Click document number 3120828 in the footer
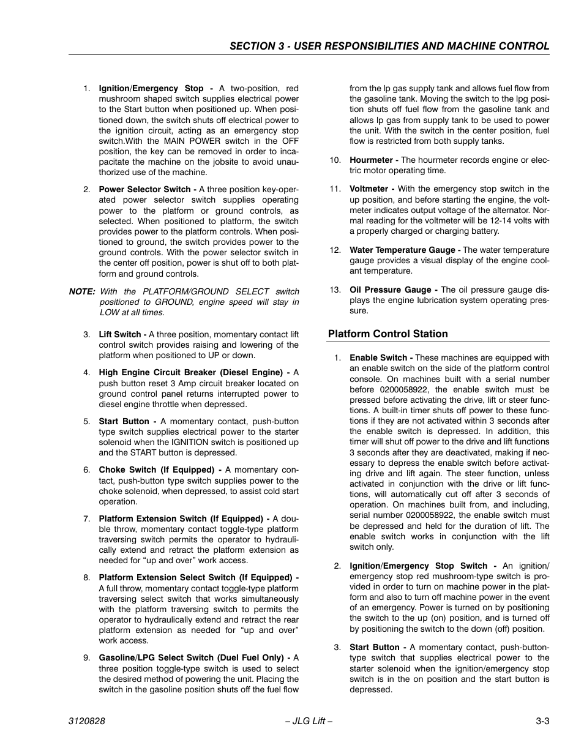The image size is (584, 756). point(86,721)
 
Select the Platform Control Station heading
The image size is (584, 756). point(387,334)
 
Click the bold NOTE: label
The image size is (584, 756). point(81,291)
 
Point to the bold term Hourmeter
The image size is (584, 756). point(371,160)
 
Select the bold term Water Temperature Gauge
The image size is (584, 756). point(402,250)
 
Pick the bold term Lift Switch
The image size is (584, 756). point(120,334)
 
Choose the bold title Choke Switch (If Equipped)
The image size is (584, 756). point(156,470)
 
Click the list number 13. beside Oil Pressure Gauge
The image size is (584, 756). point(335,290)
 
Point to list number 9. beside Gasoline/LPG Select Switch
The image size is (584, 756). point(87,657)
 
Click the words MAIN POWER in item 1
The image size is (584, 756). point(187,141)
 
